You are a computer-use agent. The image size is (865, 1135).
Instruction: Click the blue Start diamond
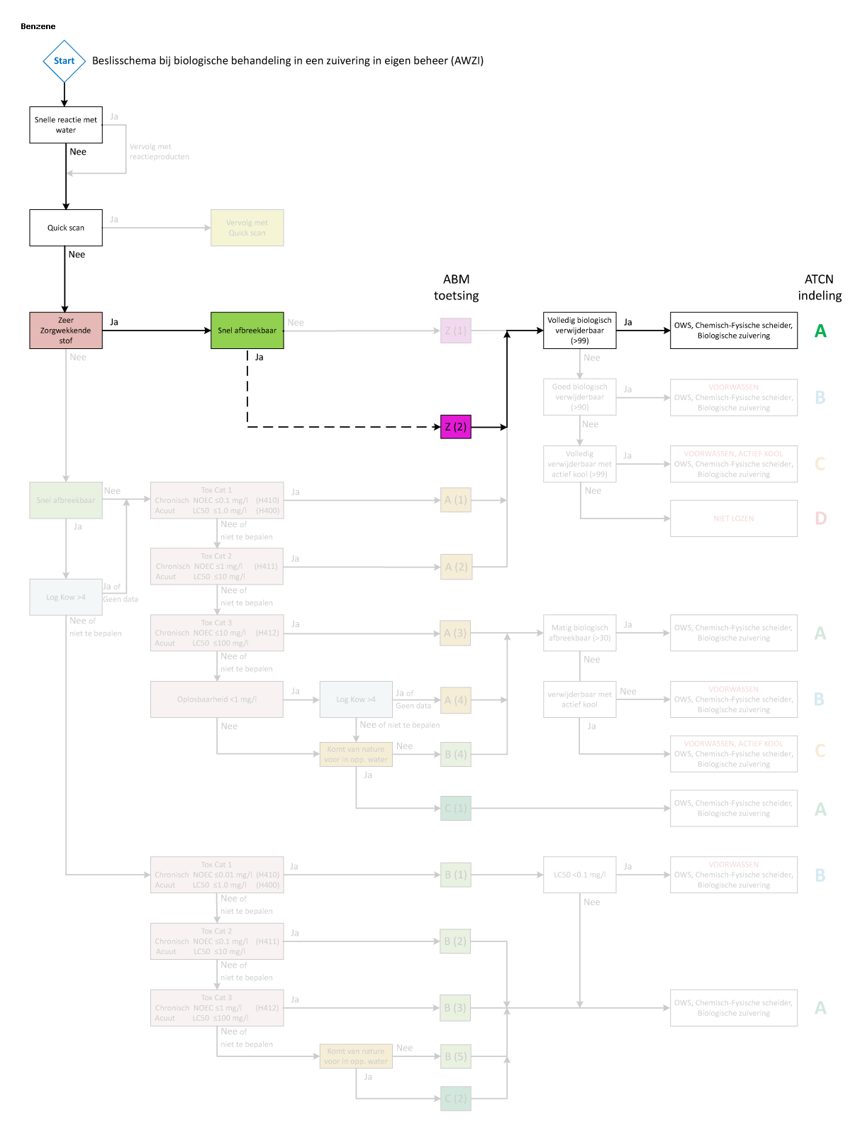tap(64, 61)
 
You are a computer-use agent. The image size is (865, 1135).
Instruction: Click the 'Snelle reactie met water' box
tap(66, 125)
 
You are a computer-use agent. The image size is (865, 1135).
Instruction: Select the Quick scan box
tap(66, 228)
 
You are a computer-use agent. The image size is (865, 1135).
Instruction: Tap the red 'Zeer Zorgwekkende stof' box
tap(66, 331)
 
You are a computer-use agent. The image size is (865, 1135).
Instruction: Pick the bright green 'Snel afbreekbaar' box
tap(247, 331)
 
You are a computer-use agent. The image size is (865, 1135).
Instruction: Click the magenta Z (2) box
tap(456, 427)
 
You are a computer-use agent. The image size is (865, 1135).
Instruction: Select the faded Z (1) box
tap(456, 331)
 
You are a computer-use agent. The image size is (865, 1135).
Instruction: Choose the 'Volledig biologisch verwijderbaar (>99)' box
tap(579, 331)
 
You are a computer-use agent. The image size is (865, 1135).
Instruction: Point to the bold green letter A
tap(820, 331)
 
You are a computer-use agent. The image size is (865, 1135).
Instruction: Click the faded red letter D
tap(820, 519)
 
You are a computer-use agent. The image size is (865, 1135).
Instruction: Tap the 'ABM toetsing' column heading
tap(457, 287)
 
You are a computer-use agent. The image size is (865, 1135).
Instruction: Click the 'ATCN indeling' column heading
tap(820, 287)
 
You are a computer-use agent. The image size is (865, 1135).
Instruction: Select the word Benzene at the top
tap(38, 26)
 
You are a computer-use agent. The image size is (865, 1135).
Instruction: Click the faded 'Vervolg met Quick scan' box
tap(247, 228)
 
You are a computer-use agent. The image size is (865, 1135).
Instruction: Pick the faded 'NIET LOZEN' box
tap(734, 519)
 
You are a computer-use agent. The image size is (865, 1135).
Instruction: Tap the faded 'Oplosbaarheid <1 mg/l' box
tap(217, 699)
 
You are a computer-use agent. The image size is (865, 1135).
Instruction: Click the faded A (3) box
tap(456, 633)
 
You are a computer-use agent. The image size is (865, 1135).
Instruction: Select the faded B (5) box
tap(456, 1056)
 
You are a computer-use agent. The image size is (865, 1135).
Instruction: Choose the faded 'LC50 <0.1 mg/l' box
tap(579, 875)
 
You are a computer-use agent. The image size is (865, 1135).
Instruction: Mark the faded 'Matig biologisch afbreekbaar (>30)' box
tap(579, 633)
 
